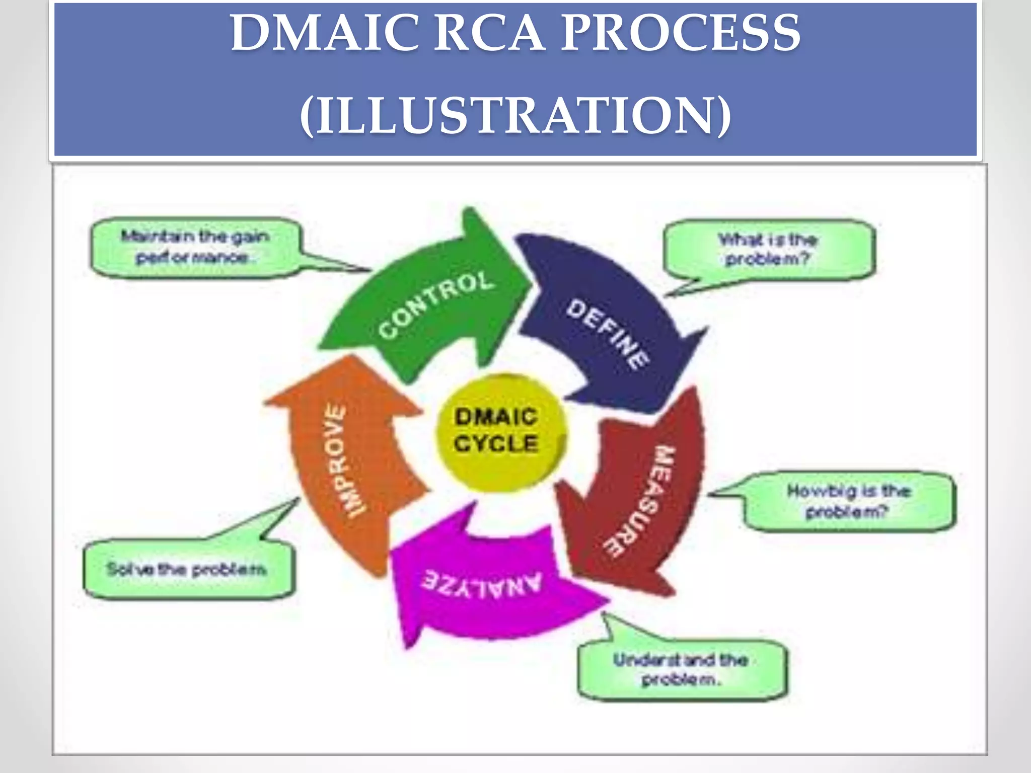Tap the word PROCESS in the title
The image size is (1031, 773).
tap(680, 33)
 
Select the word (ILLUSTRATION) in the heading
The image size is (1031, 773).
tap(515, 116)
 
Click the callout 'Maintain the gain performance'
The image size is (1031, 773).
tap(195, 247)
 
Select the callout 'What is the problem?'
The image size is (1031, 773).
tap(769, 249)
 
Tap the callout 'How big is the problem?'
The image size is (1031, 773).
tap(849, 501)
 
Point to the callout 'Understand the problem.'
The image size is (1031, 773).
tap(681, 670)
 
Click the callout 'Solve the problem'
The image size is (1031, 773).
tap(187, 569)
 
